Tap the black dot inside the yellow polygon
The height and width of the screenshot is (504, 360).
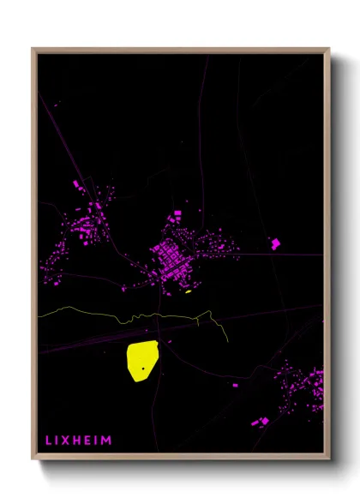tap(143, 368)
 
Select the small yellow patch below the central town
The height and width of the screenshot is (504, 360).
tap(188, 291)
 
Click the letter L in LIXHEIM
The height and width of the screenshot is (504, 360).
tap(48, 441)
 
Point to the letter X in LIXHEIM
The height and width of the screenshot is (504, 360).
tap(65, 441)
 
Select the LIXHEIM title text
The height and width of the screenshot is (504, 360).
tap(77, 441)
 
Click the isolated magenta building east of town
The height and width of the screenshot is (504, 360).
tap(275, 243)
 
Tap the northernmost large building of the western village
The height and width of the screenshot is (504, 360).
tap(77, 183)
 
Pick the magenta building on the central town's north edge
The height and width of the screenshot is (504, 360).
tap(177, 211)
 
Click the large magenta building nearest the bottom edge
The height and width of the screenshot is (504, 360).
tap(261, 422)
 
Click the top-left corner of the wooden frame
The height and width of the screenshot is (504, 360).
tap(33, 49)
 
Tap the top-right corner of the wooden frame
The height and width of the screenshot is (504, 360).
tap(329, 49)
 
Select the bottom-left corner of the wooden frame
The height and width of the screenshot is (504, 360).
tap(33, 459)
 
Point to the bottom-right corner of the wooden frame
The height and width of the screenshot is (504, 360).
tap(329, 459)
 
